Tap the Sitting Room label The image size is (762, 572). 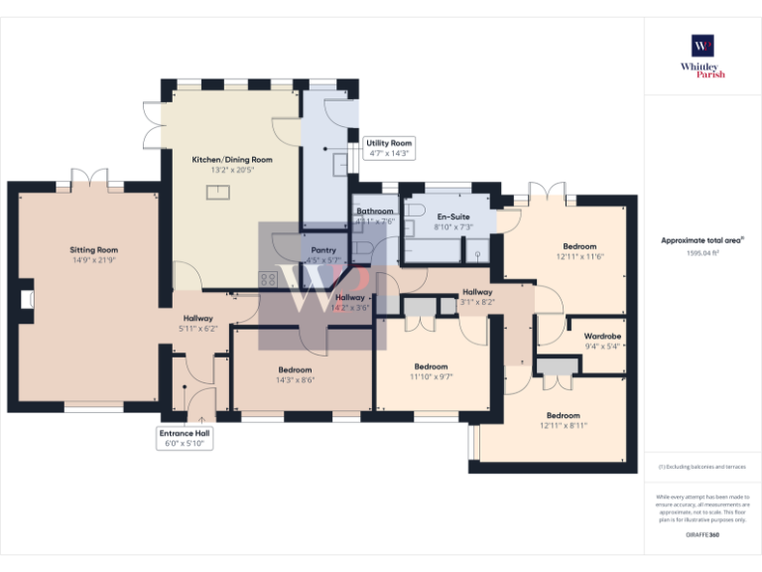tap(94, 250)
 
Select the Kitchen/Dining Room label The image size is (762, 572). tap(232, 159)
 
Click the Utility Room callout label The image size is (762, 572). tap(388, 143)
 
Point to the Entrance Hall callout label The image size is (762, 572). tap(185, 433)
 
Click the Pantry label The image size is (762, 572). tap(324, 250)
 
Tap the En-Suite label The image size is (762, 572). tap(453, 216)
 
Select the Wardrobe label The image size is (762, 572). tap(602, 336)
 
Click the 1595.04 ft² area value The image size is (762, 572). tap(702, 252)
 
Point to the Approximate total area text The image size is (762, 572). tap(701, 239)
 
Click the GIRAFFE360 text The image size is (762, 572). tap(702, 535)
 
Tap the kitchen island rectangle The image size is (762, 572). tap(216, 193)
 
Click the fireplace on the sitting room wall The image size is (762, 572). tap(27, 297)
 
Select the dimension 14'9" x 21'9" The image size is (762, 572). tap(94, 260)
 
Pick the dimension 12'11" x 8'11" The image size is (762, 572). tap(564, 425)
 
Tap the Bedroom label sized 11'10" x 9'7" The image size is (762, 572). tap(431, 366)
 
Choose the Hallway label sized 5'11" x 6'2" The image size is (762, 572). tap(197, 318)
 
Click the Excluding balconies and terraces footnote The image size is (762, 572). tap(701, 466)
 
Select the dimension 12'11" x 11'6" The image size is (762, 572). tap(579, 256)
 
